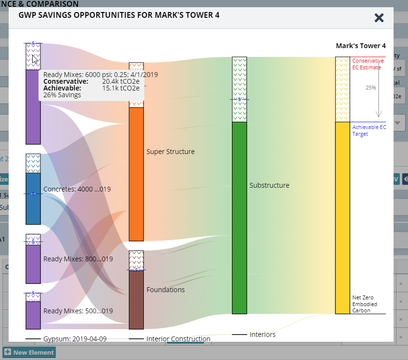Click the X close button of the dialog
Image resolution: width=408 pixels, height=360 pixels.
click(x=379, y=18)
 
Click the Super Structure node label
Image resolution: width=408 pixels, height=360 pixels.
click(x=170, y=152)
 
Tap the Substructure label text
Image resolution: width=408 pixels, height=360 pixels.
click(x=269, y=185)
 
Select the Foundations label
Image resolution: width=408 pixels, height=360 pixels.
click(x=166, y=290)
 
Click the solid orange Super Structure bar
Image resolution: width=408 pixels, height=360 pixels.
click(x=136, y=173)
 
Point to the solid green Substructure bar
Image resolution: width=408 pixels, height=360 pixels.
click(x=239, y=217)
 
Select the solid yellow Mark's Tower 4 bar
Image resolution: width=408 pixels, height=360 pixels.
click(x=343, y=217)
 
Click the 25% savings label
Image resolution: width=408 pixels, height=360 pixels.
click(x=371, y=88)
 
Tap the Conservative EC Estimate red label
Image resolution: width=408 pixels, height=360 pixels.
click(x=368, y=64)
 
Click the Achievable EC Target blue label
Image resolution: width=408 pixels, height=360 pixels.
click(x=369, y=130)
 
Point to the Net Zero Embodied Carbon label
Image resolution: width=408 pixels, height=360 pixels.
click(x=365, y=304)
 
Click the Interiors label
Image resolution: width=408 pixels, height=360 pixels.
click(x=262, y=334)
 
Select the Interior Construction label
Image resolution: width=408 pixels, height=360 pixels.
click(x=178, y=339)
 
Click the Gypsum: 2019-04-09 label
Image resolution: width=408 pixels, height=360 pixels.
click(x=75, y=339)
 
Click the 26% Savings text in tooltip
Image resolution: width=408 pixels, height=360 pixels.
click(x=62, y=95)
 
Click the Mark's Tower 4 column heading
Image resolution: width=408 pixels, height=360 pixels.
click(x=360, y=46)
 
